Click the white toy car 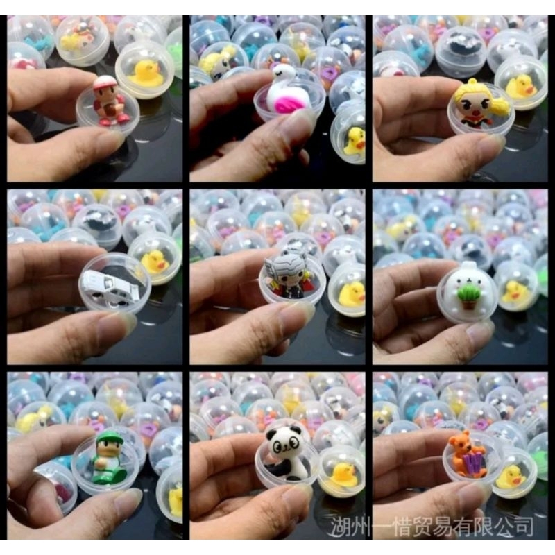click(x=112, y=287)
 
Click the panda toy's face click(x=284, y=443)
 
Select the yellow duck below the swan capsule click(x=354, y=142)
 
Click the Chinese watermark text click(x=432, y=527)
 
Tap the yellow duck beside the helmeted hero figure click(x=352, y=293)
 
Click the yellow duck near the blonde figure click(x=520, y=87)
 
